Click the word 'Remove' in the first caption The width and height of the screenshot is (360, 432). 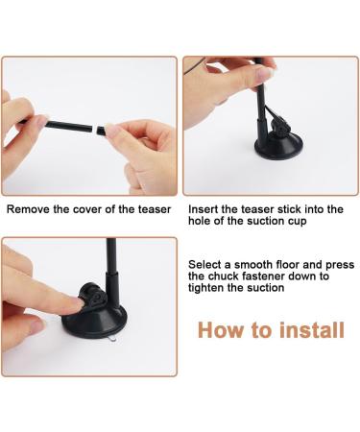(28, 209)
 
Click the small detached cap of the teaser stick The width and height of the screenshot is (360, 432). (101, 131)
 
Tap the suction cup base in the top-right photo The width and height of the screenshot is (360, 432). (277, 147)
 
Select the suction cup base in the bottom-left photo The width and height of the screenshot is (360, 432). (95, 321)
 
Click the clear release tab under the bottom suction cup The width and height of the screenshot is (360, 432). (111, 340)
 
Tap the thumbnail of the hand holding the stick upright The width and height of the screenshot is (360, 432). (265, 73)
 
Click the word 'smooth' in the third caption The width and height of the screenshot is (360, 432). (253, 265)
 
